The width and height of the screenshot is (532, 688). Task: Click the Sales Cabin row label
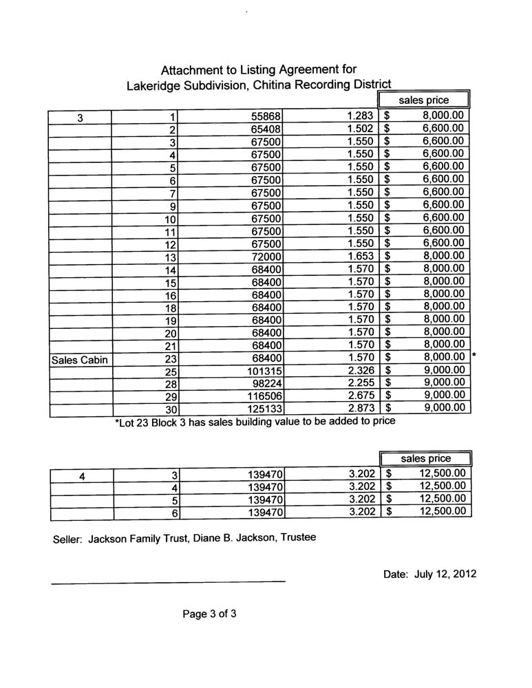80,358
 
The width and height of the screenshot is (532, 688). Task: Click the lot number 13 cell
171,257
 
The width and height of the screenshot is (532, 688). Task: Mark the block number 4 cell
82,475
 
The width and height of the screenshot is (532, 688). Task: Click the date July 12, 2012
429,572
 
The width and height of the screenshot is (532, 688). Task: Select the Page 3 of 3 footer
210,615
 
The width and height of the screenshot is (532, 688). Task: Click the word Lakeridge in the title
157,86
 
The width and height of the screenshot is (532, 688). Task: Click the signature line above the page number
169,583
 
